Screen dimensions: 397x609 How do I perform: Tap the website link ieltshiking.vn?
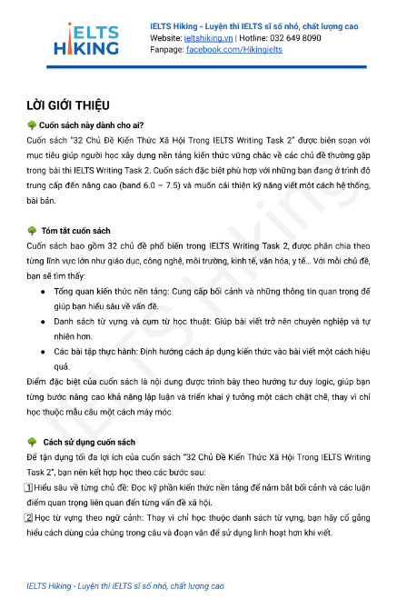209,38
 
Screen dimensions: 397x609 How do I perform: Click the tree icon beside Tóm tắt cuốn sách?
32,231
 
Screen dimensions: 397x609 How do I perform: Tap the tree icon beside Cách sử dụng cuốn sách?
32,442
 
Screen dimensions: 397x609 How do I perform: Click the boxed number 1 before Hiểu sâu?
32,487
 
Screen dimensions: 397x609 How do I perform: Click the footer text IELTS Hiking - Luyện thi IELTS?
125,586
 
